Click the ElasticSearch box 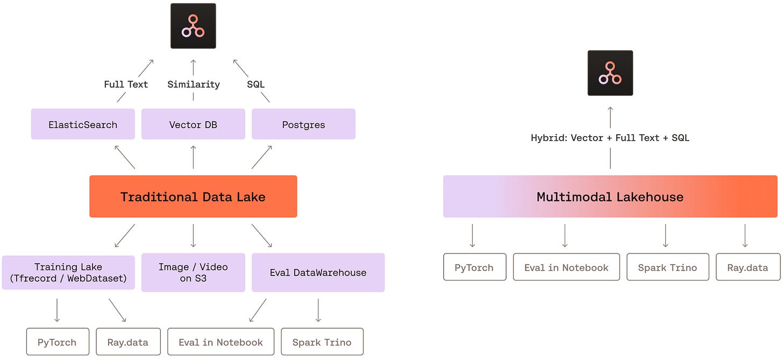pyautogui.click(x=83, y=124)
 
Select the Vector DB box pyautogui.click(x=193, y=124)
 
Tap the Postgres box pyautogui.click(x=303, y=124)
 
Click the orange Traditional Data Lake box pyautogui.click(x=193, y=196)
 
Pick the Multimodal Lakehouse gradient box pyautogui.click(x=610, y=196)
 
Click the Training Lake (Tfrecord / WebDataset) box pyautogui.click(x=68, y=272)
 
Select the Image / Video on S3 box pyautogui.click(x=193, y=272)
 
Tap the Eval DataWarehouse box pyautogui.click(x=318, y=272)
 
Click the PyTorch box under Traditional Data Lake pyautogui.click(x=58, y=342)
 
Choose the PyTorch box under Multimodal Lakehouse pyautogui.click(x=475, y=267)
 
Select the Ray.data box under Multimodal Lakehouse pyautogui.click(x=748, y=267)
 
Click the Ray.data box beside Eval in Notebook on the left pyautogui.click(x=129, y=342)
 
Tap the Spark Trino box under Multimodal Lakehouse pyautogui.click(x=668, y=267)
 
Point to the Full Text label pyautogui.click(x=126, y=84)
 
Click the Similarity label pyautogui.click(x=193, y=84)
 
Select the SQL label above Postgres pyautogui.click(x=255, y=84)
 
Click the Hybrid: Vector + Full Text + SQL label pyautogui.click(x=610, y=138)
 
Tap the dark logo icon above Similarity pyautogui.click(x=193, y=26)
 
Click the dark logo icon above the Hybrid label pyautogui.click(x=610, y=73)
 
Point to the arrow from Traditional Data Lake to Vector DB pyautogui.click(x=193, y=157)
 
